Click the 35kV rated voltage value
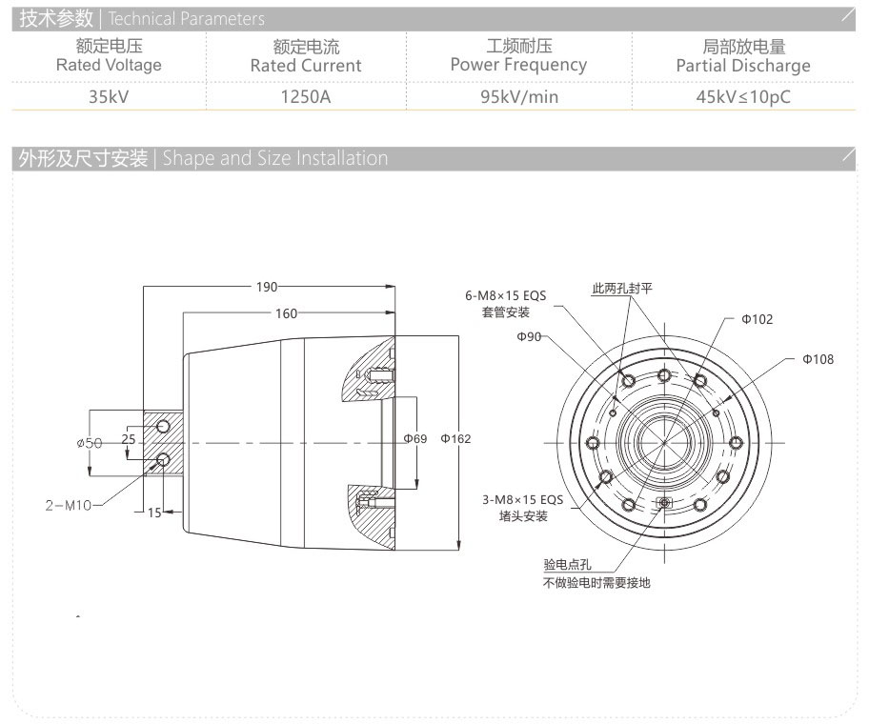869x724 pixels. click(109, 96)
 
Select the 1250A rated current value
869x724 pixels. click(306, 96)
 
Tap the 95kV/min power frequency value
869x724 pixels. click(518, 96)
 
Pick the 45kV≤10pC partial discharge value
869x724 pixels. click(743, 96)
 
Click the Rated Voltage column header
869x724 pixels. click(109, 56)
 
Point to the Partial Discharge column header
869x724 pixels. click(743, 56)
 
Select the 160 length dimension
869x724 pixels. click(286, 313)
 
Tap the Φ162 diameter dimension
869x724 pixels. click(455, 439)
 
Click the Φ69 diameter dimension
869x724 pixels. click(414, 439)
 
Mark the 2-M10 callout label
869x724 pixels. click(68, 505)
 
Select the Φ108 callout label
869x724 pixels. click(818, 359)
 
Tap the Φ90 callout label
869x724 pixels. click(530, 337)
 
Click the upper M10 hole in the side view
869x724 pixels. click(164, 425)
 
